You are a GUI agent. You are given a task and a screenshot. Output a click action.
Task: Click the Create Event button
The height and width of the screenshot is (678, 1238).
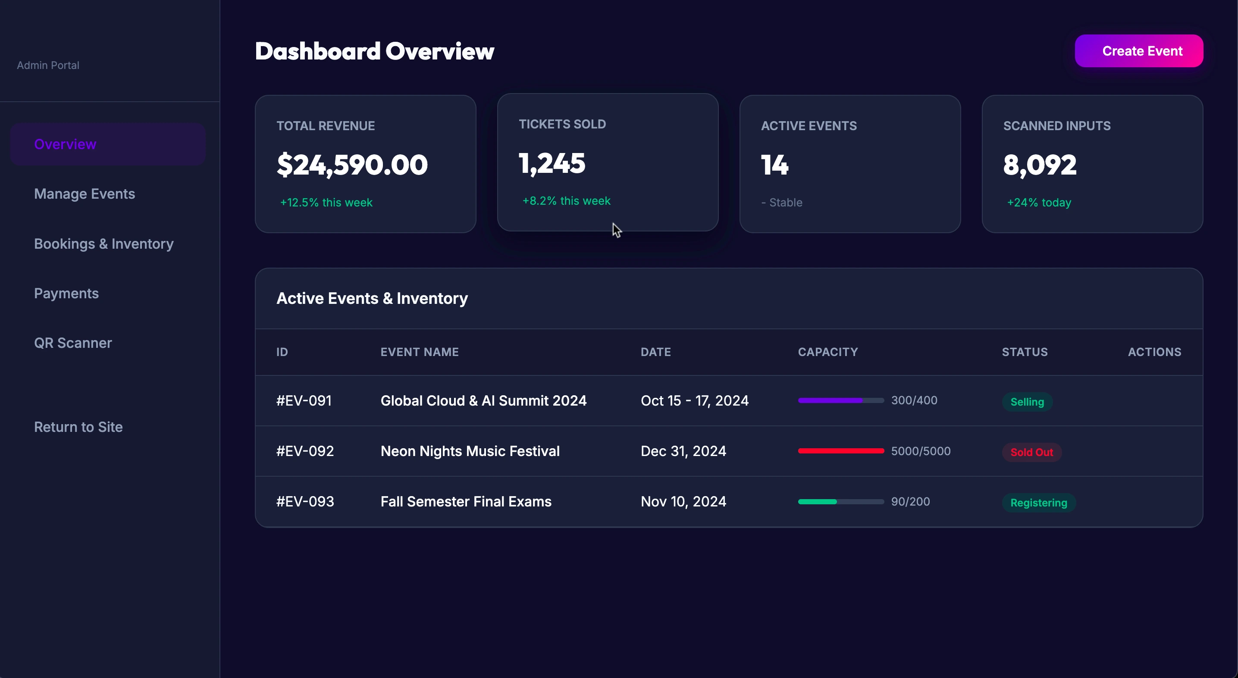tap(1138, 51)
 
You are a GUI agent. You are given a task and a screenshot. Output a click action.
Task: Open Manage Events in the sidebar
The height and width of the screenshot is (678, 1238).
tap(85, 194)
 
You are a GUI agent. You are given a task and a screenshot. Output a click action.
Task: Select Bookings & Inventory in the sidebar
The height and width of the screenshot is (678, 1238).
tap(104, 244)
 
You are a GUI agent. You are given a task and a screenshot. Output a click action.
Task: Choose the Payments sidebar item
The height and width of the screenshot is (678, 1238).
tap(66, 293)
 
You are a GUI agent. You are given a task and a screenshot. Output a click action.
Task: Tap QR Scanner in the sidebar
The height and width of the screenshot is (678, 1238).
tap(73, 343)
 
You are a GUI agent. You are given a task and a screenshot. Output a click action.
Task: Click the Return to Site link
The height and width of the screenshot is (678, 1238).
tap(78, 427)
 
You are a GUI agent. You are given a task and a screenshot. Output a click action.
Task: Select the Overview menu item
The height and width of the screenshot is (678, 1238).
tap(66, 144)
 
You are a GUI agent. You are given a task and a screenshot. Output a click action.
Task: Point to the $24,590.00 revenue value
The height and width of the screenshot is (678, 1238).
tap(352, 165)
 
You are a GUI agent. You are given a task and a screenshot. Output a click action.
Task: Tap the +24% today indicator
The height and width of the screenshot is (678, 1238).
tap(1039, 202)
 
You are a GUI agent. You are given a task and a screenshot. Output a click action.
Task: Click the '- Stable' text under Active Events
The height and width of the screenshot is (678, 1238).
tap(782, 202)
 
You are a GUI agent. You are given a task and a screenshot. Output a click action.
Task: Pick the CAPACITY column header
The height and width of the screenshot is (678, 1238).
tap(827, 352)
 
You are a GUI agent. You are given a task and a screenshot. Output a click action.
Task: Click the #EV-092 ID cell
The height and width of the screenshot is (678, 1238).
tap(305, 451)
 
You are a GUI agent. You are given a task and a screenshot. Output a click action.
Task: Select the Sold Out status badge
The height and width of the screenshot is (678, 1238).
tap(1031, 452)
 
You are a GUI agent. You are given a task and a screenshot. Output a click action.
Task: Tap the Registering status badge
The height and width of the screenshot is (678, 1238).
tap(1038, 503)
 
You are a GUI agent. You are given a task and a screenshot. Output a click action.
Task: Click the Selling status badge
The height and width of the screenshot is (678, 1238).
tap(1027, 402)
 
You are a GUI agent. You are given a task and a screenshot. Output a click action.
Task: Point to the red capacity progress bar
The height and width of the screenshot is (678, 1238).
tap(840, 451)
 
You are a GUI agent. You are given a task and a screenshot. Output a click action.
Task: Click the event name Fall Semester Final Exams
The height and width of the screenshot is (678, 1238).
tap(466, 501)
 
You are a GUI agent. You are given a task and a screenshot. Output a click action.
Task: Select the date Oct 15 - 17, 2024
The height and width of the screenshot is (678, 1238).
tap(694, 400)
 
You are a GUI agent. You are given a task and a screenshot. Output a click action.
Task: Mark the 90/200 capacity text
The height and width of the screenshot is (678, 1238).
tap(910, 501)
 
